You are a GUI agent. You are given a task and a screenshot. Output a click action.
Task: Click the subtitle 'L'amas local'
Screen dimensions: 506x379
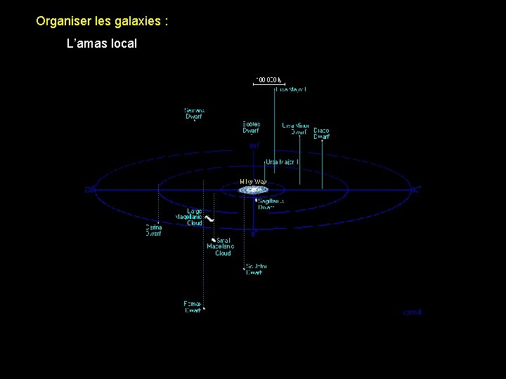101,44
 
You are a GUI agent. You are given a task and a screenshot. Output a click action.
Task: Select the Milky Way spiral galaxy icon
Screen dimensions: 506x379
253,189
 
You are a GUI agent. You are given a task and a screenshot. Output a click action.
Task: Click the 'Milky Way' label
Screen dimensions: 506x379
253,181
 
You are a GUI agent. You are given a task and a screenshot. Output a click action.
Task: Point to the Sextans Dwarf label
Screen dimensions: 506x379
194,113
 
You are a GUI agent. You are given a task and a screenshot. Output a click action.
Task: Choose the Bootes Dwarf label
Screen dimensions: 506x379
252,127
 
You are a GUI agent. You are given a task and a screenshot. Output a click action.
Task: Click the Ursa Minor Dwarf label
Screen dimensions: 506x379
295,128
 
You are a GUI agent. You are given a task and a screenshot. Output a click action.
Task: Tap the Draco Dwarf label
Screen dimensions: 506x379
321,133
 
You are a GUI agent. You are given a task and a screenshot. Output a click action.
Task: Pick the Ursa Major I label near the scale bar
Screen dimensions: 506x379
290,90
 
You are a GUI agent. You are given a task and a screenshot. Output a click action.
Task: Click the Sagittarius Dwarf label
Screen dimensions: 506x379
271,204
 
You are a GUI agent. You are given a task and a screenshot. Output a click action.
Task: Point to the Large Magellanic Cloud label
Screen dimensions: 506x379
189,217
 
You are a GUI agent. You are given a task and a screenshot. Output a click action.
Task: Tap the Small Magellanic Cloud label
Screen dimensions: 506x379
220,247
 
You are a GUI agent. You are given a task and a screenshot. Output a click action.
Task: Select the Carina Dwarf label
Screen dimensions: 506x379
153,230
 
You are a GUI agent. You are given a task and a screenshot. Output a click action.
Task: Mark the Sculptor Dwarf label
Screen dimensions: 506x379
255,269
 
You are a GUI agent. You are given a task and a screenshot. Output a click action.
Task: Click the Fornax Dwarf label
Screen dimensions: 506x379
193,307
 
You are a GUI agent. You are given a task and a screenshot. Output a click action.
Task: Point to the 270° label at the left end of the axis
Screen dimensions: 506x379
89,189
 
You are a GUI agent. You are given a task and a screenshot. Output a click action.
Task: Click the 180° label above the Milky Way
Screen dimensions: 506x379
254,146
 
